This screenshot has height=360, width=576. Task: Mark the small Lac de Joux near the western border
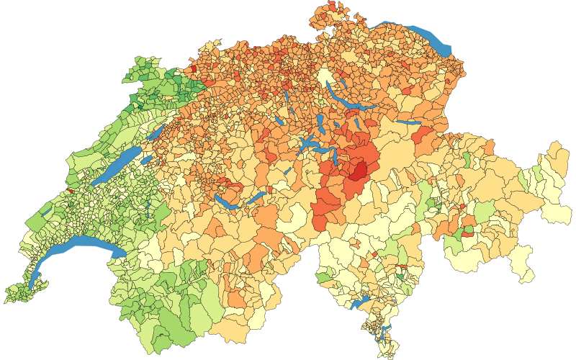[x=45, y=212]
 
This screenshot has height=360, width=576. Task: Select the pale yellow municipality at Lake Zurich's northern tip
[x=325, y=78]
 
